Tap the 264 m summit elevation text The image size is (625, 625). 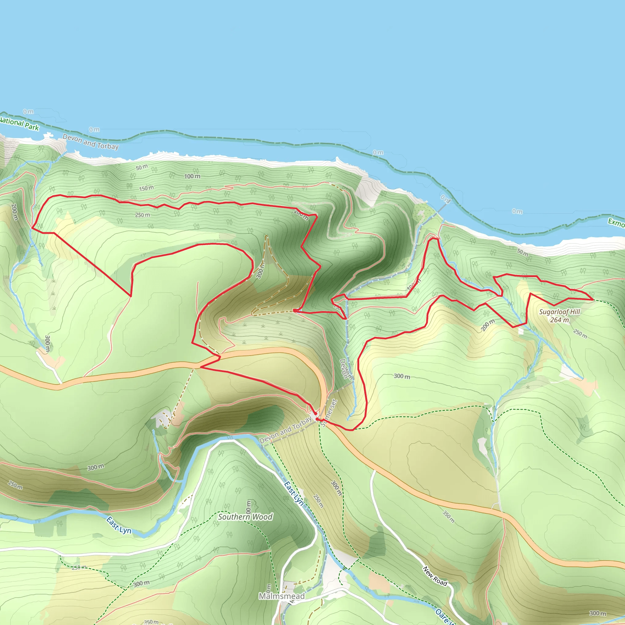559,320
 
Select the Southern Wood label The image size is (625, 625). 245,517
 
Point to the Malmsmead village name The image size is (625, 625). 281,596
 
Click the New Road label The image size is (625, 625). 435,576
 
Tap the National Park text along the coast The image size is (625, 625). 20,124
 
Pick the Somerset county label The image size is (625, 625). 329,413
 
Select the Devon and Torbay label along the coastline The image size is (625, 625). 91,142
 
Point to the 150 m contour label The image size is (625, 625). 146,188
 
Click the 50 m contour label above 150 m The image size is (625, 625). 141,167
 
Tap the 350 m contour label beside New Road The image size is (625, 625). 449,516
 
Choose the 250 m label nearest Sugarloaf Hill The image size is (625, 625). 580,334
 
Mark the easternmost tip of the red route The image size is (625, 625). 593,300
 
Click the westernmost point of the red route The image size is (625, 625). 32,228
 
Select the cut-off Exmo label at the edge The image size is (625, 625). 616,222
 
